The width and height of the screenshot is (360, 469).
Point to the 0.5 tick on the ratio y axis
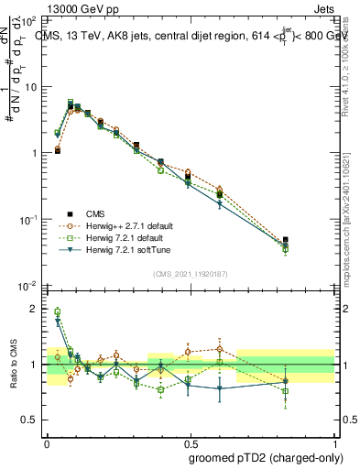pos(29,420)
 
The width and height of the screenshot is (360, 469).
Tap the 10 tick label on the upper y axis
pos(29,87)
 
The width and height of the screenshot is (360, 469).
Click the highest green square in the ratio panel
pos(57,311)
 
